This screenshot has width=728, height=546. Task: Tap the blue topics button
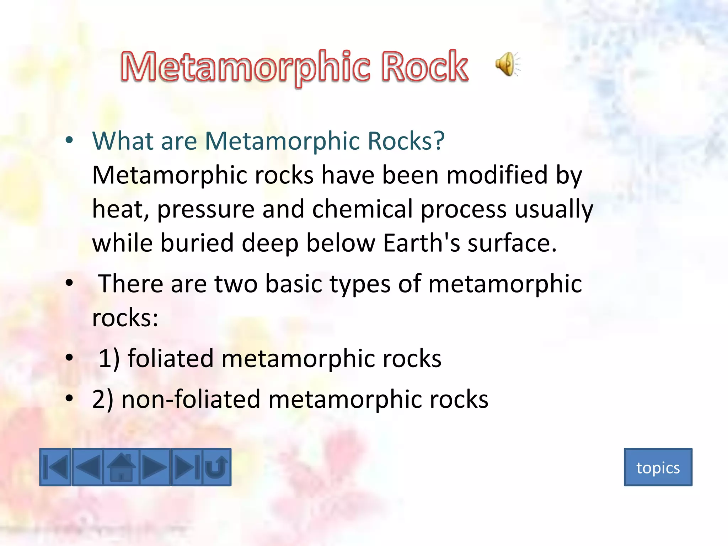[x=658, y=467]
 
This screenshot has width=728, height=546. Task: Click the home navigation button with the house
[x=121, y=467]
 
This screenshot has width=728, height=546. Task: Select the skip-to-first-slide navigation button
[x=55, y=467]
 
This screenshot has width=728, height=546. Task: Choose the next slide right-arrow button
[x=155, y=467]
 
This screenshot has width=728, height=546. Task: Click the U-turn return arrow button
[x=216, y=467]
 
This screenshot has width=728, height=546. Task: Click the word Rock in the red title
[x=424, y=66]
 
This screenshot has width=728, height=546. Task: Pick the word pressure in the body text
[x=206, y=209]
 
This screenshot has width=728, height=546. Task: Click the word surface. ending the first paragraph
[x=512, y=243]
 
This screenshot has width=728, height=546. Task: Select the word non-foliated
[x=191, y=399]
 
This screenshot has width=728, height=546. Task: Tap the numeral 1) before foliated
[x=109, y=358]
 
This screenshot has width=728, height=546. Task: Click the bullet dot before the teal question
[x=69, y=140]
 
